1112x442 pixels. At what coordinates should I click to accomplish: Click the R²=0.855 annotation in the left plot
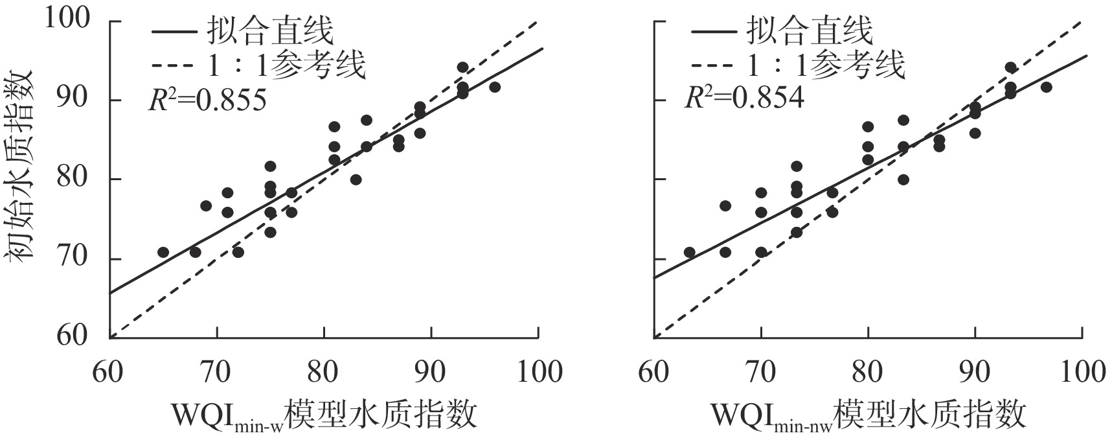(x=206, y=100)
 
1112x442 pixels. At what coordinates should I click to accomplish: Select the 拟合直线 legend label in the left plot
(x=270, y=30)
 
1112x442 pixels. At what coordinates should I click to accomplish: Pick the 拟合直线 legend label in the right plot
(x=810, y=30)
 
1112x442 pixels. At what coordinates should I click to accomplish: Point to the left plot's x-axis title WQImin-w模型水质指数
(x=323, y=415)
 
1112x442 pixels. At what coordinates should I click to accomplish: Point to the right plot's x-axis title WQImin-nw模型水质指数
(x=868, y=415)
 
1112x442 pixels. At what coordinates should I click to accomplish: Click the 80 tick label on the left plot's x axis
(x=323, y=372)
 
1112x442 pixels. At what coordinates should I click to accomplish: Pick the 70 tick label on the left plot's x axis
(x=216, y=372)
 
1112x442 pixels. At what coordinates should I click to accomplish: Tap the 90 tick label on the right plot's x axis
(x=975, y=372)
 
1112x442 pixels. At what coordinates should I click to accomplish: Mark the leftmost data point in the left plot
(x=163, y=252)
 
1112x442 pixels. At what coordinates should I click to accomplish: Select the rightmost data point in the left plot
(x=495, y=87)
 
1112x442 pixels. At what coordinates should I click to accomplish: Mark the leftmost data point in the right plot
(x=690, y=252)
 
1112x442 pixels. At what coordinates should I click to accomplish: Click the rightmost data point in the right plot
(x=1046, y=87)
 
